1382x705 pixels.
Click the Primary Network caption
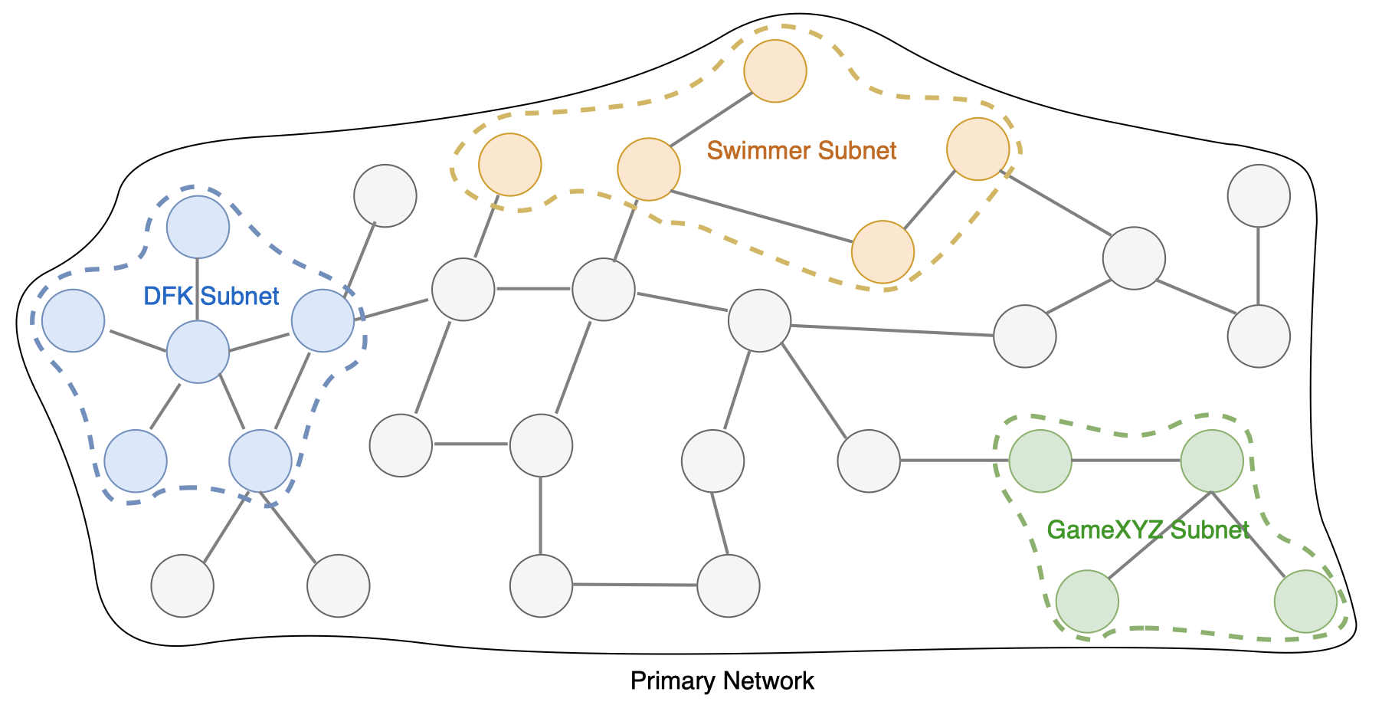click(x=722, y=680)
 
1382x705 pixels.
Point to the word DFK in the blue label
click(x=168, y=296)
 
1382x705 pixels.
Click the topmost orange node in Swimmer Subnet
click(x=775, y=71)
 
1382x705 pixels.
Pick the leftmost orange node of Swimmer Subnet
click(x=510, y=165)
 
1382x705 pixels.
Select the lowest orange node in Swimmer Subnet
click(x=883, y=252)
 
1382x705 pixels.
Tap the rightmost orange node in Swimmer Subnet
click(x=978, y=149)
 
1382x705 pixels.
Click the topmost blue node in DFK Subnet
click(x=198, y=227)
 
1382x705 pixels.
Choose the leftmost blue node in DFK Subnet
click(x=74, y=320)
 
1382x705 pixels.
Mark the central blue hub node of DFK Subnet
click(x=198, y=352)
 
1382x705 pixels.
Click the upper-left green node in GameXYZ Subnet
click(x=1040, y=461)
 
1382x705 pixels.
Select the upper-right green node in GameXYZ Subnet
click(x=1212, y=461)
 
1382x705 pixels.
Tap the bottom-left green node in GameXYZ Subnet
click(x=1087, y=602)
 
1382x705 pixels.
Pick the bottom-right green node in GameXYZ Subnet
click(x=1305, y=602)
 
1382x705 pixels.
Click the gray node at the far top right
click(x=1259, y=196)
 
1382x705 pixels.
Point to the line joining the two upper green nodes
click(x=1126, y=461)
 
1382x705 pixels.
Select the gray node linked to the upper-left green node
click(x=869, y=461)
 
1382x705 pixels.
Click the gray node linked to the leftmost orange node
click(x=463, y=290)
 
